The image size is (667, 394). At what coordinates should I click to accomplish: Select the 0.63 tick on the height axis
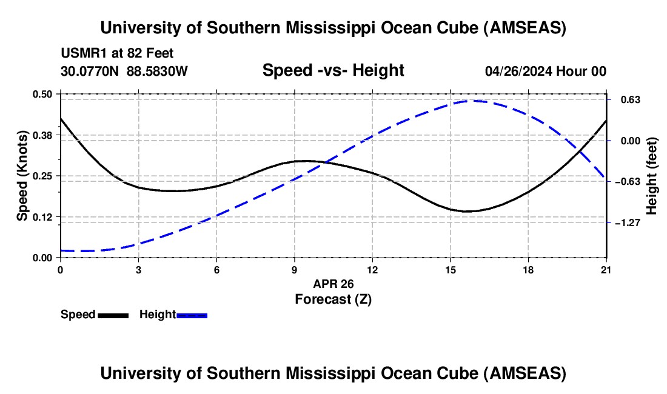tap(626, 99)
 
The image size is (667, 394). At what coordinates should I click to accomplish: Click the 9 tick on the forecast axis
tap(295, 270)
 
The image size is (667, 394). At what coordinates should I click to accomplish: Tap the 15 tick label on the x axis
tap(451, 270)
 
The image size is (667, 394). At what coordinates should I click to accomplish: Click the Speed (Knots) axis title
tap(22, 176)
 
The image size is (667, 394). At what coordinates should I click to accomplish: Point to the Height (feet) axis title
tap(652, 176)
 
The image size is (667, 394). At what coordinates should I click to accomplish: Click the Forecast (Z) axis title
tap(333, 299)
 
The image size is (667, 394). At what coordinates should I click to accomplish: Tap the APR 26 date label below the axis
tap(333, 284)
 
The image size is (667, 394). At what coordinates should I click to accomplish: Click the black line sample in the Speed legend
tap(113, 315)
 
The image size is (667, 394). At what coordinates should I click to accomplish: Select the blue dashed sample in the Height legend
tap(192, 315)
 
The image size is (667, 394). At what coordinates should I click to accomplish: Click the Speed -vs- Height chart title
tap(333, 70)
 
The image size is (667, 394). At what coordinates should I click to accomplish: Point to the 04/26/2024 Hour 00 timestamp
tap(546, 71)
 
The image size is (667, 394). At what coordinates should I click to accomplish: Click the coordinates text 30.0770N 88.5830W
tap(124, 71)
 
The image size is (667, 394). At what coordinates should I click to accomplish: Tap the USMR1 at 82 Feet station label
tap(117, 53)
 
